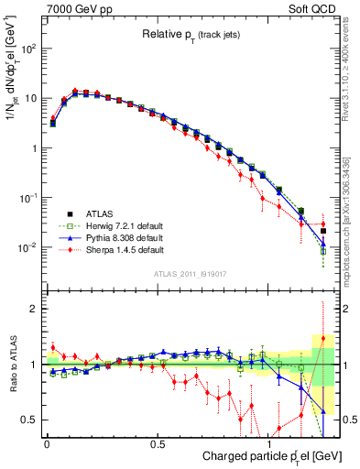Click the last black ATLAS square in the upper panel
tap(322, 231)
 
